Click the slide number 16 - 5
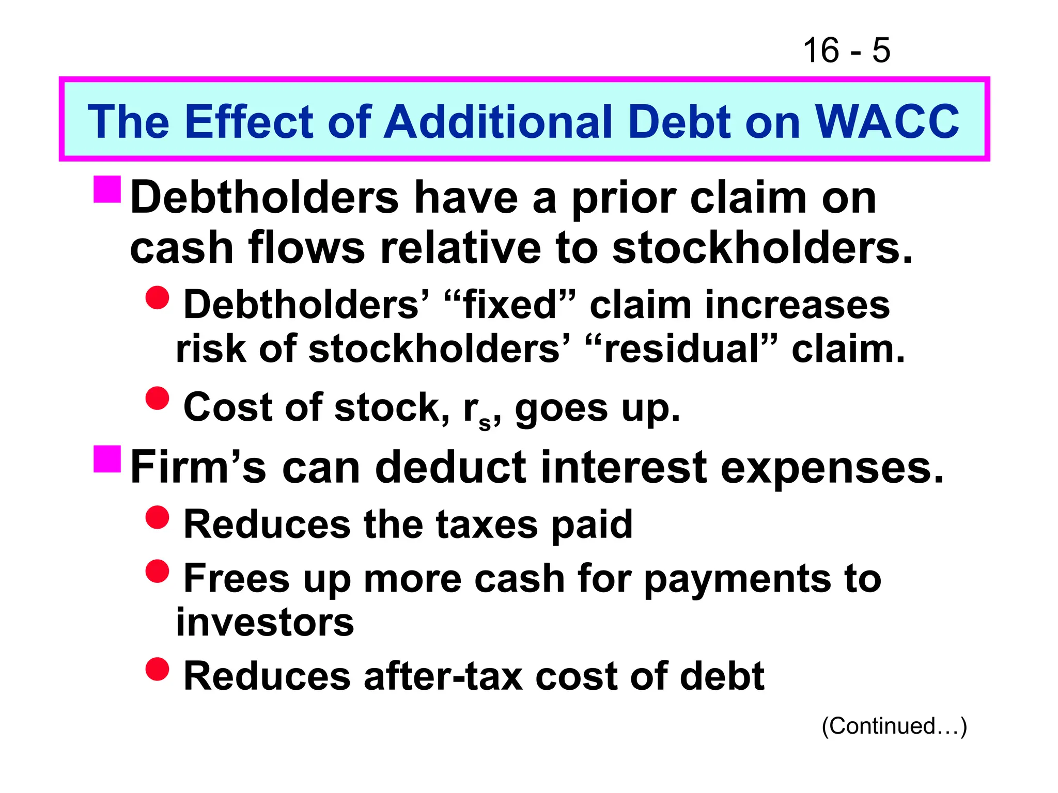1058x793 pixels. coord(846,51)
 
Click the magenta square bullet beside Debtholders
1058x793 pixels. coord(107,189)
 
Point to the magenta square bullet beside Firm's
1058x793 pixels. coord(107,459)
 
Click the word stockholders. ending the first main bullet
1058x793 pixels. coord(762,248)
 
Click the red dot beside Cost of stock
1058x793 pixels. coord(158,398)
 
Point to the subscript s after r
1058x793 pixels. coord(485,423)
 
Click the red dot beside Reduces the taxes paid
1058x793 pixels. coord(158,517)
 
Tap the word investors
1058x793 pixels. coord(265,622)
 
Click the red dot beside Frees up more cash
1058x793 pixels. coord(158,572)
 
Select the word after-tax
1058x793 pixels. coord(443,676)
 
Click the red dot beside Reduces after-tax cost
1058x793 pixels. coord(158,669)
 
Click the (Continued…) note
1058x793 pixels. coord(894,726)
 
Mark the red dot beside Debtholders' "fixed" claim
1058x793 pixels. coord(158,298)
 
